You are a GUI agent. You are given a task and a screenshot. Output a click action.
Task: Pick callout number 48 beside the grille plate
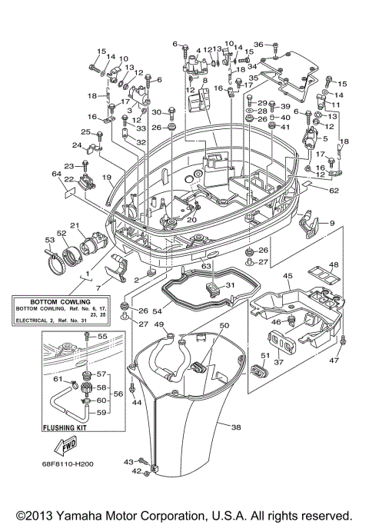click(x=333, y=265)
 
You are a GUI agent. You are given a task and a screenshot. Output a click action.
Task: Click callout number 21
click(x=75, y=224)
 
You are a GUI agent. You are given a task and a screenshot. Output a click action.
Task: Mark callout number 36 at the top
click(x=258, y=44)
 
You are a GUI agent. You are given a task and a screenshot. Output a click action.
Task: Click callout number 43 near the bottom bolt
click(x=128, y=460)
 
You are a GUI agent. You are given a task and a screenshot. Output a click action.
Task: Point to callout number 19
click(x=108, y=178)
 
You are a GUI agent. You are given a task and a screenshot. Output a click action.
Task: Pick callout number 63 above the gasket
click(x=207, y=266)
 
